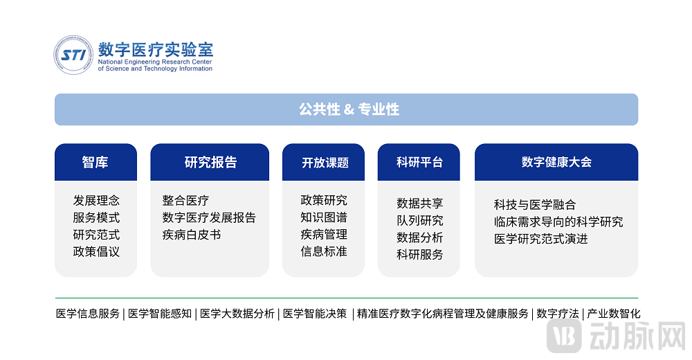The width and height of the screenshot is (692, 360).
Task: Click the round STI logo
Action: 73,55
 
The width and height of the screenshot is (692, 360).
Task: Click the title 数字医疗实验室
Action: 156,49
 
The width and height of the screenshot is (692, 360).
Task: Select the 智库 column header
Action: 95,162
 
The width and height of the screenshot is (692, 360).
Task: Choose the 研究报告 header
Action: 210,162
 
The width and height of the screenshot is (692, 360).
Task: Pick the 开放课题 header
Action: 325,163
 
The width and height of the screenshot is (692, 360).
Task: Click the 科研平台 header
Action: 419,162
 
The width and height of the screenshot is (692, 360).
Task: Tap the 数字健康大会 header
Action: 556,162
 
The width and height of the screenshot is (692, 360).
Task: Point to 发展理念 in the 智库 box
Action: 96,201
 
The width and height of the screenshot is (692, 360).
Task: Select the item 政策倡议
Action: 96,251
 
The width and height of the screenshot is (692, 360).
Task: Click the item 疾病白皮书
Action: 192,235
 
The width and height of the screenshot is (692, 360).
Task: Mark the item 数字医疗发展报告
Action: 209,217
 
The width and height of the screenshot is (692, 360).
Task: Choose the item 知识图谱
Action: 324,217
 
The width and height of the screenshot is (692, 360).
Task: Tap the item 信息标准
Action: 324,251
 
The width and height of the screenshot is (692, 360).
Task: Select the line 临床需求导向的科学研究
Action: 558,222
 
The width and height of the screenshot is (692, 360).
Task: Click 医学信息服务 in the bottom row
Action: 88,314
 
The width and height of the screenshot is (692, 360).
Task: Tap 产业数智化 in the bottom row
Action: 614,314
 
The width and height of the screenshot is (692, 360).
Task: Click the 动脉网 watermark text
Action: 637,336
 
